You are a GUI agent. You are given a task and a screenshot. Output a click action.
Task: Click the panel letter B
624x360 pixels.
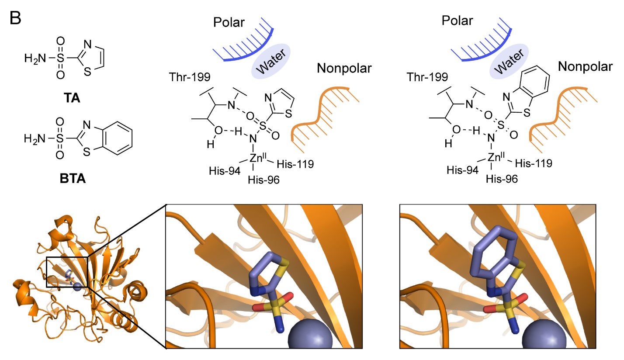tap(15, 18)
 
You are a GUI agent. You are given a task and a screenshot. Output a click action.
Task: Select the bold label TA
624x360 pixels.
tap(72, 98)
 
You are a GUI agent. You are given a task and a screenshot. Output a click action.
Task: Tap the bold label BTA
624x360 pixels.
tap(73, 178)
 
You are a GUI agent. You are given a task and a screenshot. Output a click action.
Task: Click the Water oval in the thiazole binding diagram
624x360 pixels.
tap(271, 61)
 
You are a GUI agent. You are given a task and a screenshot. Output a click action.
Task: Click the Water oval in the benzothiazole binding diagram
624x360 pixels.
tap(509, 61)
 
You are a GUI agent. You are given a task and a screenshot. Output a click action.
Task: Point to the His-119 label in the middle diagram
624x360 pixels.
tap(295, 164)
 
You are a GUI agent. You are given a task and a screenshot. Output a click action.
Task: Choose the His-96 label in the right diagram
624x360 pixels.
tap(502, 179)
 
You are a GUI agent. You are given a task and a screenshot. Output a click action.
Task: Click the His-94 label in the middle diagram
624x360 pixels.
tap(225, 171)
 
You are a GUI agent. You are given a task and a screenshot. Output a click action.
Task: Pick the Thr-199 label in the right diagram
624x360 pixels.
tap(427, 77)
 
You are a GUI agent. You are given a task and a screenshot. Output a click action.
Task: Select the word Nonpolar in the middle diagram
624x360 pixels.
tap(344, 68)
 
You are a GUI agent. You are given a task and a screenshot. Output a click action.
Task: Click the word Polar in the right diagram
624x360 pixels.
tap(458, 21)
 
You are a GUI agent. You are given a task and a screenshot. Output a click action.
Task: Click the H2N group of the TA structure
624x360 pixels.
tap(35, 59)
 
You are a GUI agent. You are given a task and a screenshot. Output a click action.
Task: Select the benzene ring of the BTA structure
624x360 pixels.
tap(118, 138)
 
